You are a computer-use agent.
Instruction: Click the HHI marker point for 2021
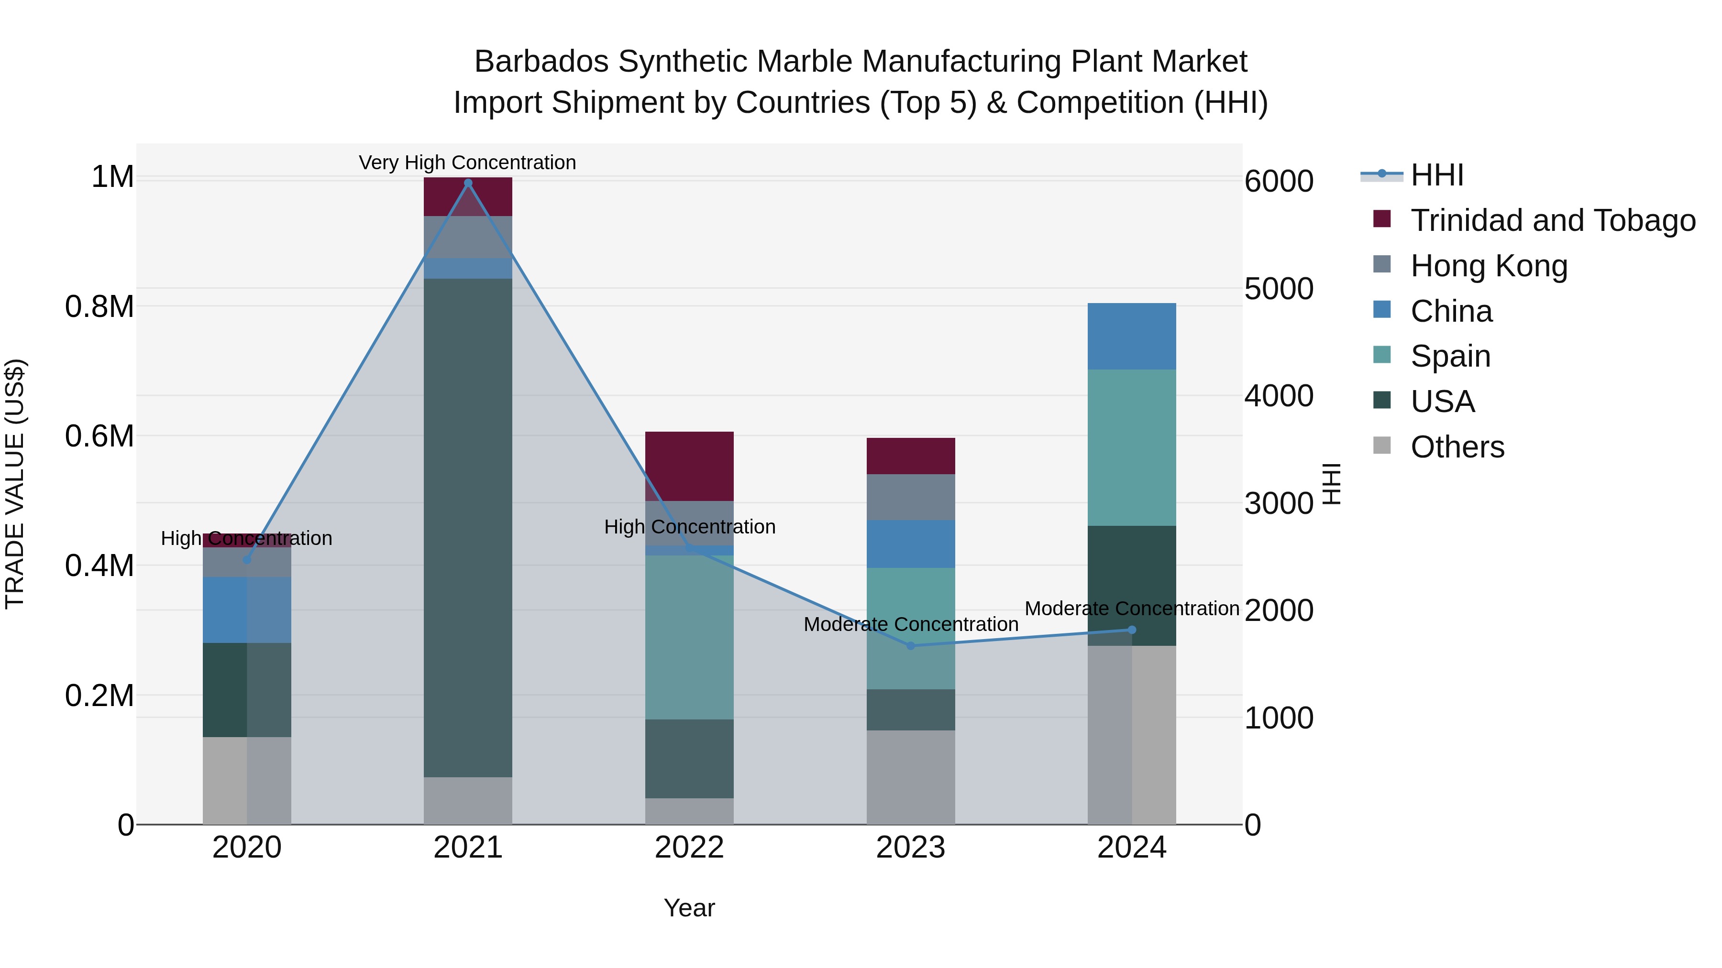[468, 183]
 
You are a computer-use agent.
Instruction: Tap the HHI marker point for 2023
[910, 646]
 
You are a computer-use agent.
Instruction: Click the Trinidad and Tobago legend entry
[1552, 220]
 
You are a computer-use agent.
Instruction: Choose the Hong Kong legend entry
[1489, 266]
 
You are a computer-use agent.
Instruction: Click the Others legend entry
[1457, 447]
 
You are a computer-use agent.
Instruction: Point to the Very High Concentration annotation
[467, 163]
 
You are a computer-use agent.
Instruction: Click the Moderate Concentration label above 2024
[1132, 609]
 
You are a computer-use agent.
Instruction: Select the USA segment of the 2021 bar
[468, 528]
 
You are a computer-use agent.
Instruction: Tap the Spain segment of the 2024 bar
[1132, 447]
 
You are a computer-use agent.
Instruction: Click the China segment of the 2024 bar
[1132, 336]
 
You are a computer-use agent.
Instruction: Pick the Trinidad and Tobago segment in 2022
[689, 466]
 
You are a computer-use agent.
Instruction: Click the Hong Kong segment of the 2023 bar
[910, 497]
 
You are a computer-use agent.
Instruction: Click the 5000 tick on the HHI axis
[1278, 289]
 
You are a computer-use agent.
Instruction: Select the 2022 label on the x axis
[689, 848]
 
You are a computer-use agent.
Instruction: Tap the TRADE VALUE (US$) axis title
[15, 484]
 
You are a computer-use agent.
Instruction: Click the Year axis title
[689, 908]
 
